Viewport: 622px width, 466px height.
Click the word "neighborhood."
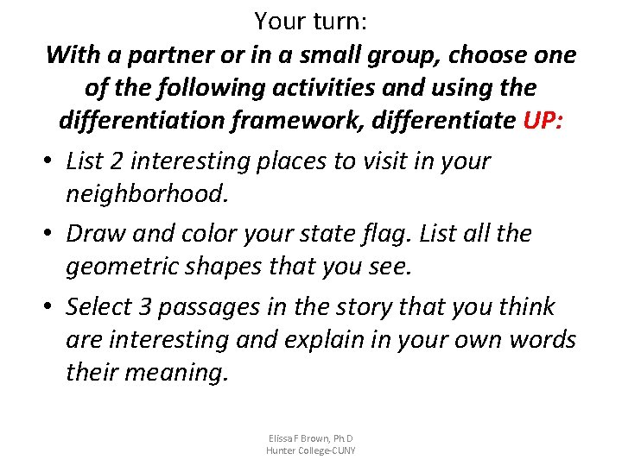tap(148, 194)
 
